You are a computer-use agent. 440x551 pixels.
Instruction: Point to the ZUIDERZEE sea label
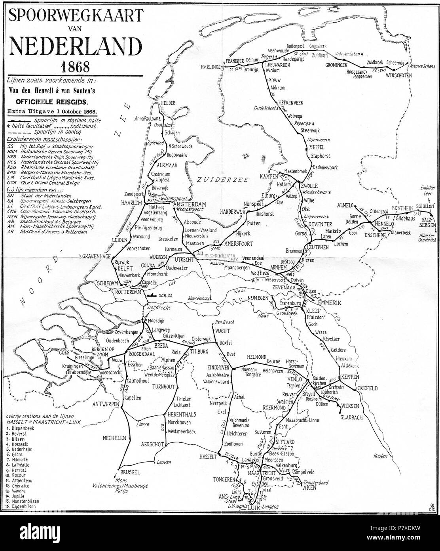[224, 180]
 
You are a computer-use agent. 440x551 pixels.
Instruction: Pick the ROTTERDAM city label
[128, 292]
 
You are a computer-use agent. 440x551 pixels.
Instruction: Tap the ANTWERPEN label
[106, 404]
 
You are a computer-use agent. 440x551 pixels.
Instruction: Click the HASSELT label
[207, 457]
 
